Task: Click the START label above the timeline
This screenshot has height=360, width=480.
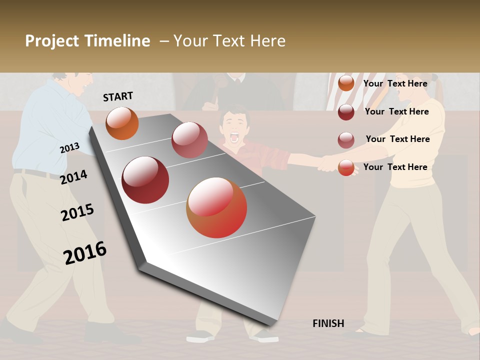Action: (x=118, y=96)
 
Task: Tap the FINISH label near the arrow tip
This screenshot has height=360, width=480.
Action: (x=328, y=323)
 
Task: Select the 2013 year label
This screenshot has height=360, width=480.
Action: (x=69, y=148)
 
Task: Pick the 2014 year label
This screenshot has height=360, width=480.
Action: (x=73, y=177)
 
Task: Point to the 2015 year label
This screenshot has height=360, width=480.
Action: (x=77, y=212)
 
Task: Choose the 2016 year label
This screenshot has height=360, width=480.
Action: (x=85, y=252)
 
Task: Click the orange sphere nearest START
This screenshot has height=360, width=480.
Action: (x=122, y=123)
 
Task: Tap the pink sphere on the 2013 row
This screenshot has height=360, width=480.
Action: (x=189, y=140)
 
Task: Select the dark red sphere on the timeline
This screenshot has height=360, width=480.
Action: (x=145, y=180)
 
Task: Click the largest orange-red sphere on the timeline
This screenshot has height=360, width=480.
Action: (x=216, y=207)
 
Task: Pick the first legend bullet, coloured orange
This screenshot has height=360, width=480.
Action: (x=346, y=83)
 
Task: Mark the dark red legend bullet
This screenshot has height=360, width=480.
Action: (x=346, y=112)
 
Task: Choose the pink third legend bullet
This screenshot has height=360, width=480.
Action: (x=346, y=140)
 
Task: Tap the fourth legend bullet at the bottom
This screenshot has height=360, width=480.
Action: (x=346, y=167)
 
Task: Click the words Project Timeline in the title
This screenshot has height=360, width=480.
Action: (x=87, y=41)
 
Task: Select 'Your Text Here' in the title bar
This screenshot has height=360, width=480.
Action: (x=229, y=41)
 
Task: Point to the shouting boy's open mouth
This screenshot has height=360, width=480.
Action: (x=234, y=136)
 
